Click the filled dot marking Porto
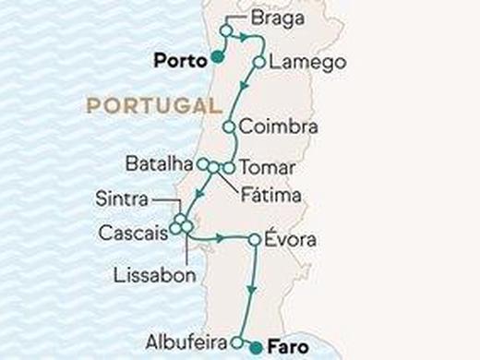[x=215, y=57]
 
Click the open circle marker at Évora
[x=254, y=240]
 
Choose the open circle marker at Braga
[x=224, y=30]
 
